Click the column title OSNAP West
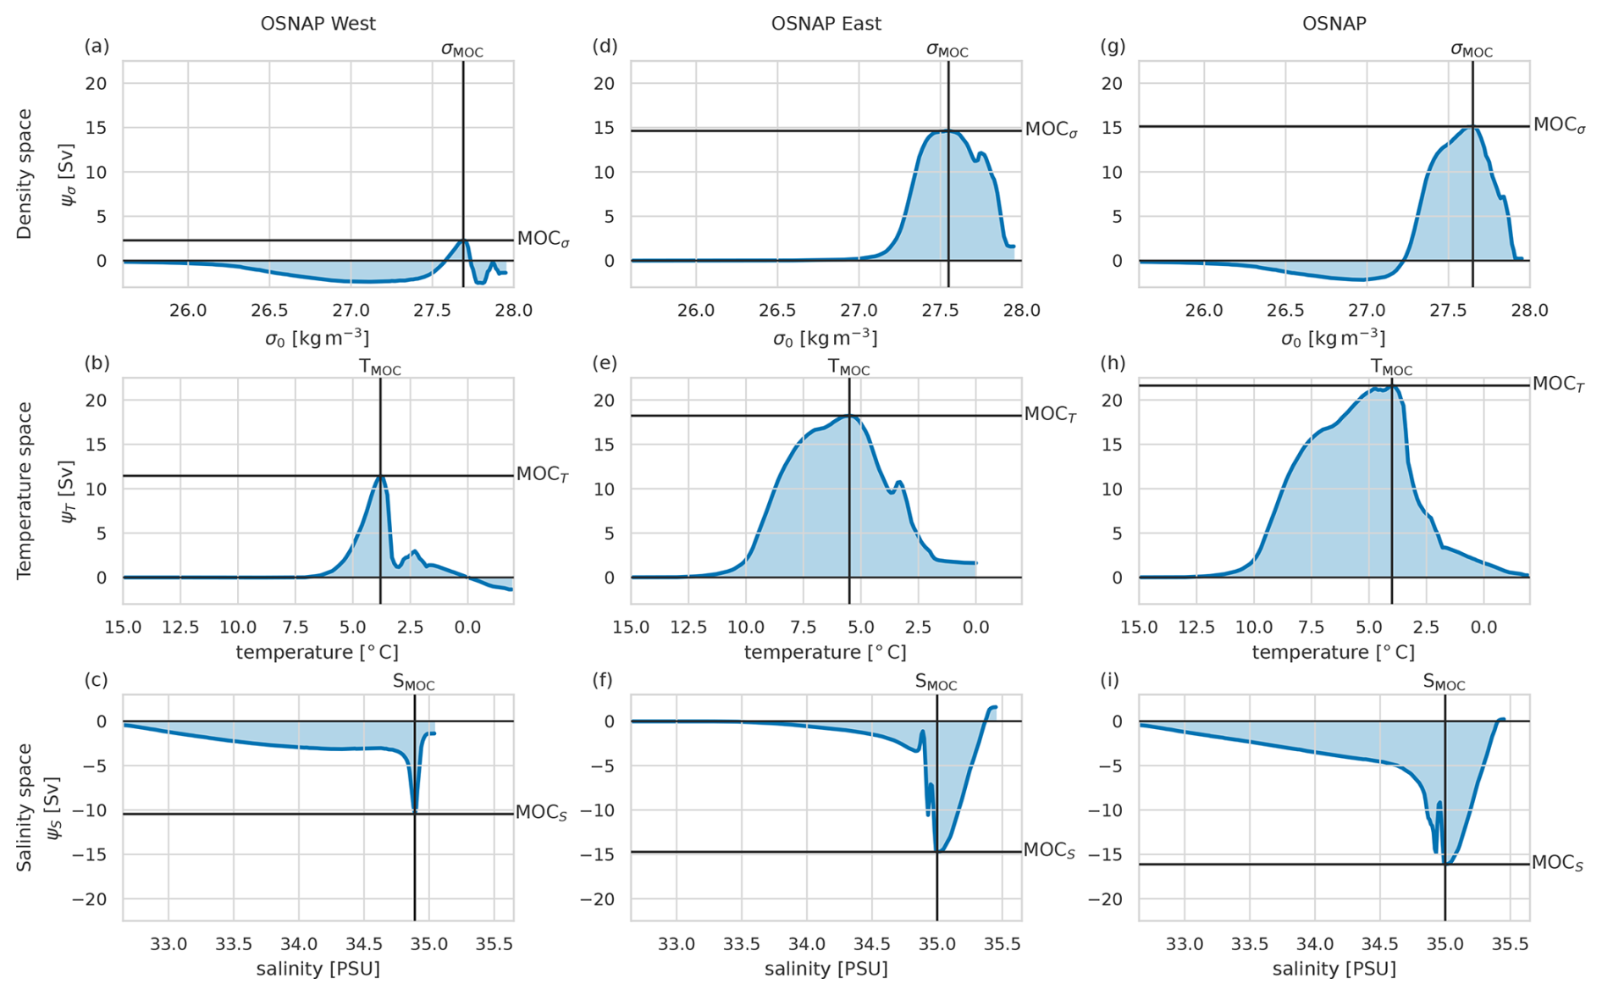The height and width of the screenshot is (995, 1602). pos(318,24)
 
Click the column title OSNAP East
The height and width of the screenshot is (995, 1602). pos(826,24)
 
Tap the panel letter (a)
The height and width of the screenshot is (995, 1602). pos(97,47)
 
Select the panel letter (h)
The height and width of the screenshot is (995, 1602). pos(1113,363)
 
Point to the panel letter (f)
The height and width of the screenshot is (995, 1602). pos(605,680)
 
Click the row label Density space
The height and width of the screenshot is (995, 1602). pos(25,174)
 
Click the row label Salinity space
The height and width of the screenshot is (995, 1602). pos(25,807)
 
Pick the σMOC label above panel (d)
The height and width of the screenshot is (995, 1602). pos(947,50)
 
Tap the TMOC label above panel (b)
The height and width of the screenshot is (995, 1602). pos(380,368)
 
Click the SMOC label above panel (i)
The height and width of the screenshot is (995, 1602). pos(1444,683)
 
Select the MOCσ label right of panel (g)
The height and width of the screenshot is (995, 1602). pos(1559,125)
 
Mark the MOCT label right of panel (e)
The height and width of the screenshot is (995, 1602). pos(1050,415)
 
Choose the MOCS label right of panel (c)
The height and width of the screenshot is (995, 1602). pos(541,813)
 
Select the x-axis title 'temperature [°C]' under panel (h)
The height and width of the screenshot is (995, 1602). pos(1334,653)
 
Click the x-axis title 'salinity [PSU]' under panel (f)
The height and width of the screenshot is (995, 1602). pos(826,969)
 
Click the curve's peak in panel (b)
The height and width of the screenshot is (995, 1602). pos(381,477)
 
